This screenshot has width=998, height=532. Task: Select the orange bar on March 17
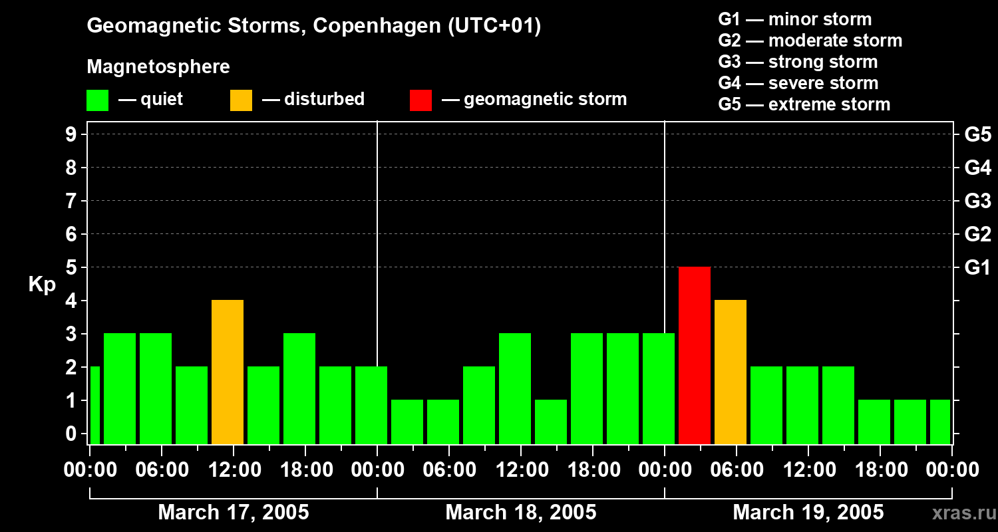point(228,372)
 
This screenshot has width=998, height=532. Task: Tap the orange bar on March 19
point(731,372)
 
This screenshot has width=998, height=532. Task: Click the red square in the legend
point(421,100)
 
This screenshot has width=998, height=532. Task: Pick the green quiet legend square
point(98,100)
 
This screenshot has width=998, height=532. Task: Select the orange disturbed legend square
point(242,100)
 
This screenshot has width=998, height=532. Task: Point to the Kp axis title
point(42,284)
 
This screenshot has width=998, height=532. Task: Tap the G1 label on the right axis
point(977,267)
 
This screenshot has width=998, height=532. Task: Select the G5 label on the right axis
point(977,134)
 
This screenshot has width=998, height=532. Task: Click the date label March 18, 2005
point(521,513)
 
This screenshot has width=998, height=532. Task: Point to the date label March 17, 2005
point(234,513)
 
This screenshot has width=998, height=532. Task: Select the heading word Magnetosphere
point(158,67)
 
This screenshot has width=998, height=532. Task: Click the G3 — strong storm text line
point(798,62)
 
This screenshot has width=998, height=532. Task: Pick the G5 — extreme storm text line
point(804,104)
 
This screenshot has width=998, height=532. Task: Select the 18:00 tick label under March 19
point(880,470)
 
